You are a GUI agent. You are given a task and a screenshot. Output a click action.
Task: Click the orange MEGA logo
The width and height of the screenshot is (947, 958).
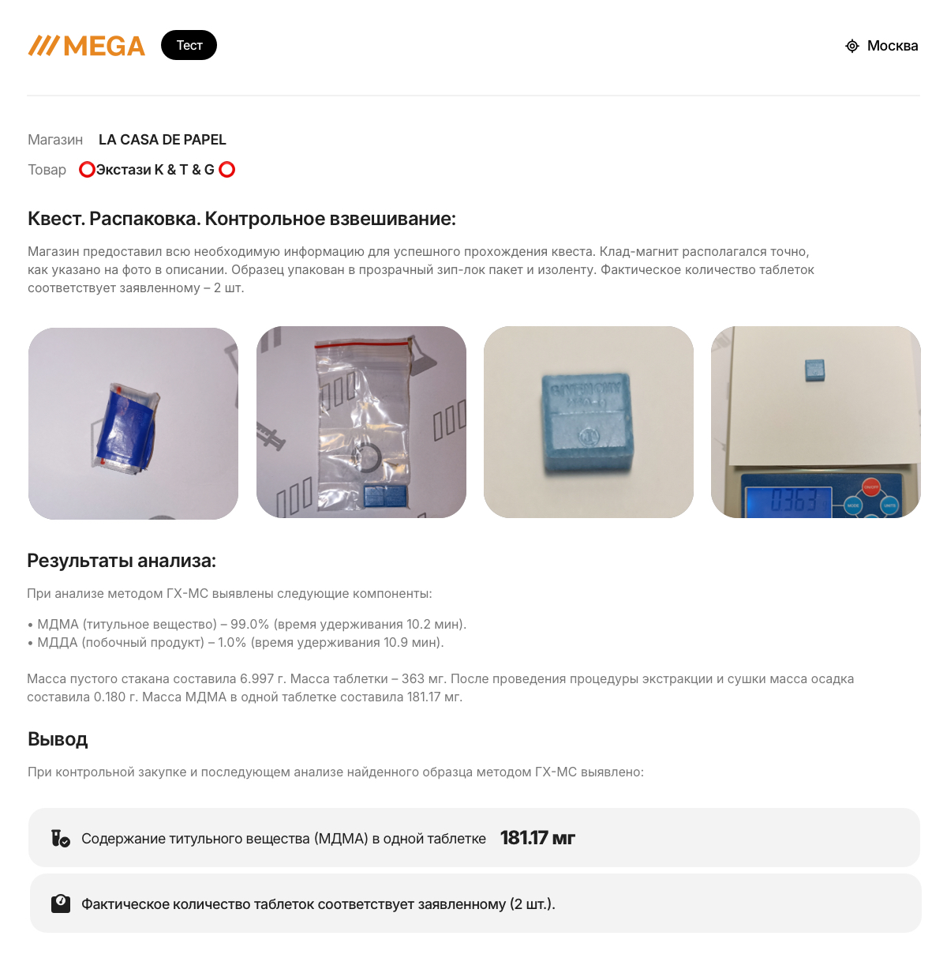click(87, 46)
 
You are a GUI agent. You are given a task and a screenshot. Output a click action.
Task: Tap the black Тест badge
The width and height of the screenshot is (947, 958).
click(189, 45)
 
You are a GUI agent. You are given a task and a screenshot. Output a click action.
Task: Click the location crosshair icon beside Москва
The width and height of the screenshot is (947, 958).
click(852, 47)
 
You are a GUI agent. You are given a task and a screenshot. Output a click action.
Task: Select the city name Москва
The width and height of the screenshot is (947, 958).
click(893, 46)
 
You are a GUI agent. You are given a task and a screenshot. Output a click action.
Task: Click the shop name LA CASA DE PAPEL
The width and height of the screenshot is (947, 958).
click(162, 140)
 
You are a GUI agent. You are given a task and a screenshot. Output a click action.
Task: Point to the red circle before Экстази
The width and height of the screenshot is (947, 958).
click(87, 170)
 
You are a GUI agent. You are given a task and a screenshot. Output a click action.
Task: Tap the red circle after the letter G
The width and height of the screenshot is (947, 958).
click(227, 170)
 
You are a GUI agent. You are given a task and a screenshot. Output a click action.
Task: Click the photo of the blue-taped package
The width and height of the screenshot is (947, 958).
click(133, 423)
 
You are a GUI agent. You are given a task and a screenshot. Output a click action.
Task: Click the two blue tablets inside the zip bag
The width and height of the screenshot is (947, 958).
click(386, 496)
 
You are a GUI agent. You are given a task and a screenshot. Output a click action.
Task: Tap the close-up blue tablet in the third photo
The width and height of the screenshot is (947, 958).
click(587, 422)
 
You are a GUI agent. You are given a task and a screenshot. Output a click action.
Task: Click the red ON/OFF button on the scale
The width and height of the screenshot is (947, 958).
click(870, 487)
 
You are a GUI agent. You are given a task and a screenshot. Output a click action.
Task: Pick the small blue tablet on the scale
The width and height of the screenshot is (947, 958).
click(814, 370)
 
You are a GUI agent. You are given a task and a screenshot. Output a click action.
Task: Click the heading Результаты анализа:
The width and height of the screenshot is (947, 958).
click(122, 561)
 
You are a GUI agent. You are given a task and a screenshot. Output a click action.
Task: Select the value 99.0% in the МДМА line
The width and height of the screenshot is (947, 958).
click(250, 625)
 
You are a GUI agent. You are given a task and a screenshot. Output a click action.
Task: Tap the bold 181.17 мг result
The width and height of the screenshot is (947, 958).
click(537, 838)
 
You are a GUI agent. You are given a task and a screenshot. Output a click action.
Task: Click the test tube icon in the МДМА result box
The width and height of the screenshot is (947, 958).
click(61, 838)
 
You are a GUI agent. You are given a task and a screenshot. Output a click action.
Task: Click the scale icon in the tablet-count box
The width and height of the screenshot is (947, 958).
click(61, 904)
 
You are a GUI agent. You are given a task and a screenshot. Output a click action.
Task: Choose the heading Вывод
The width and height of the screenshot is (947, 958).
click(58, 739)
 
